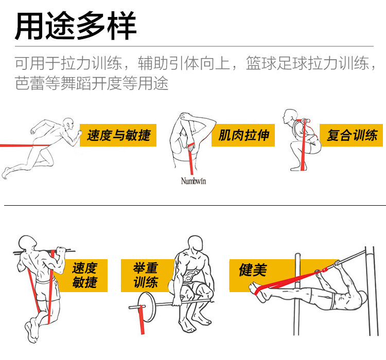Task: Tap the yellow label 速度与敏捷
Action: click(x=118, y=135)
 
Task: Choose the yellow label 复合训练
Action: click(x=352, y=135)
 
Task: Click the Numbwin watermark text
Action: click(x=194, y=181)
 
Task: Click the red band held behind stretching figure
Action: click(x=191, y=157)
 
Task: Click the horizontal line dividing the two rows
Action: click(x=193, y=206)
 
